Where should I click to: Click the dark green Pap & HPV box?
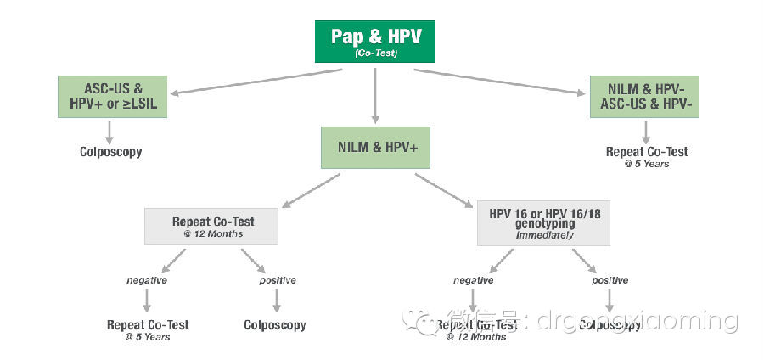[374, 41]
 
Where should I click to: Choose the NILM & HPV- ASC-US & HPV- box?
[647, 95]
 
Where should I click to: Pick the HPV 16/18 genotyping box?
[542, 222]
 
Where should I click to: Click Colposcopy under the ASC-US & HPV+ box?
[110, 152]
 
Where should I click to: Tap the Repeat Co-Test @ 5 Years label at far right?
[647, 156]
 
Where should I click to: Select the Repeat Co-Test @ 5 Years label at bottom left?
[148, 329]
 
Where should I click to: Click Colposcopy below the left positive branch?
[275, 325]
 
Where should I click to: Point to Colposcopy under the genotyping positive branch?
[610, 325]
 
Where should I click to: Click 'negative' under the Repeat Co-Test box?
[148, 280]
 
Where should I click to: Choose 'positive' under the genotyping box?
[610, 280]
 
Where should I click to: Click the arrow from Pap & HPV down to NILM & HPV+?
[374, 93]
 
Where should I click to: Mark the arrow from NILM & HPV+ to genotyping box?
[443, 188]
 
